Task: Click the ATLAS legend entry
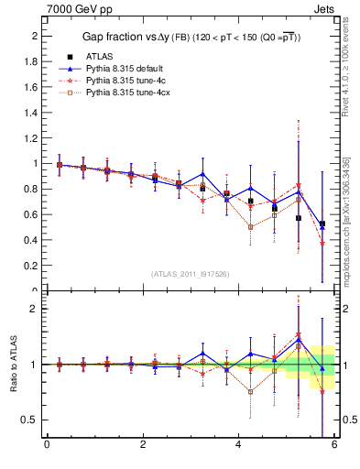101,56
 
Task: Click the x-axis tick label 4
239,446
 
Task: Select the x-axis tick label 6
334,446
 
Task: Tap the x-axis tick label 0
48,446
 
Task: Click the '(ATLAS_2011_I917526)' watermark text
191,274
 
